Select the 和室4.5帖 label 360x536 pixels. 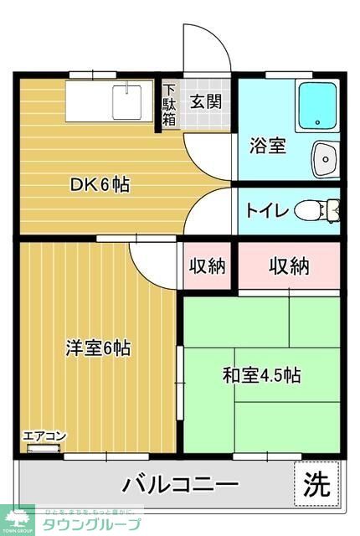262,375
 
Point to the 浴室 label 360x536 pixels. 268,145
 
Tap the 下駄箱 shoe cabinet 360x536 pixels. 169,105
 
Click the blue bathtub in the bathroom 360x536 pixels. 318,106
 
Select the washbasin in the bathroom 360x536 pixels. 325,155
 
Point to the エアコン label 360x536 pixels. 44,436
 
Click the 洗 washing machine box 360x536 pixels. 316,483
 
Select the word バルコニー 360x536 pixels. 180,484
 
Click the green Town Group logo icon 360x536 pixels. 14,518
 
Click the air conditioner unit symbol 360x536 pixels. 44,448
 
